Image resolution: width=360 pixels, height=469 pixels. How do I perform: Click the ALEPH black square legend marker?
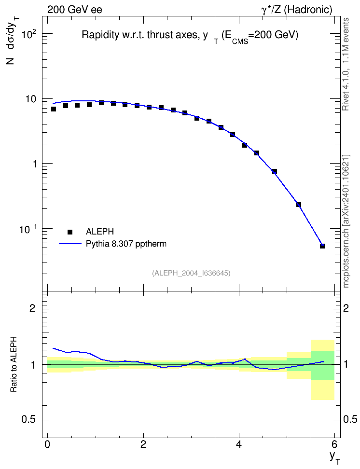pyautogui.click(x=70, y=232)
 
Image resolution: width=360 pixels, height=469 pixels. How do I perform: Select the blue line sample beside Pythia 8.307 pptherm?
pyautogui.click(x=70, y=244)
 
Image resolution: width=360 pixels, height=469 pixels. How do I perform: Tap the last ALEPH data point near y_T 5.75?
pyautogui.click(x=322, y=246)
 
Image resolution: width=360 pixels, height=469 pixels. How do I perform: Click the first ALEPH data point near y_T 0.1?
pyautogui.click(x=54, y=109)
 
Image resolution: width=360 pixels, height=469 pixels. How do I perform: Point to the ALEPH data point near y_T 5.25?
pyautogui.click(x=298, y=205)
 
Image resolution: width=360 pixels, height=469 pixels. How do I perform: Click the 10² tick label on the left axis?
pyautogui.click(x=29, y=34)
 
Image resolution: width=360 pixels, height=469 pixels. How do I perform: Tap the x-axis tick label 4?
pyautogui.click(x=239, y=443)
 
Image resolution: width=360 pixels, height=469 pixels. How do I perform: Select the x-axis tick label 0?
pyautogui.click(x=47, y=443)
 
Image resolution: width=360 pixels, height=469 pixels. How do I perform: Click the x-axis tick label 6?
pyautogui.click(x=334, y=443)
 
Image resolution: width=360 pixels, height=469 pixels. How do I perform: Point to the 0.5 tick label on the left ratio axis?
pyautogui.click(x=29, y=420)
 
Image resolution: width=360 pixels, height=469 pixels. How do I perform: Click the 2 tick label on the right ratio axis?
pyautogui.click(x=346, y=308)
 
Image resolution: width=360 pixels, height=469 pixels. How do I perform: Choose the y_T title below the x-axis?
pyautogui.click(x=334, y=457)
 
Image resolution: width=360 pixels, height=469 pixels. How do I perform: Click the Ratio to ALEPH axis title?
pyautogui.click(x=14, y=364)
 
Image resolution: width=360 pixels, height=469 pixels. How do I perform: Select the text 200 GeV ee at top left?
pyautogui.click(x=74, y=10)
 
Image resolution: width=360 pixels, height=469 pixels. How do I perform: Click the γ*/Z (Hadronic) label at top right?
pyautogui.click(x=297, y=10)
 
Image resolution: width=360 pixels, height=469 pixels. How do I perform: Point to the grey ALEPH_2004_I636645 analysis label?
pyautogui.click(x=191, y=273)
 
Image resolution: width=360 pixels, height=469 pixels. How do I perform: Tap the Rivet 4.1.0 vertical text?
pyautogui.click(x=346, y=64)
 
